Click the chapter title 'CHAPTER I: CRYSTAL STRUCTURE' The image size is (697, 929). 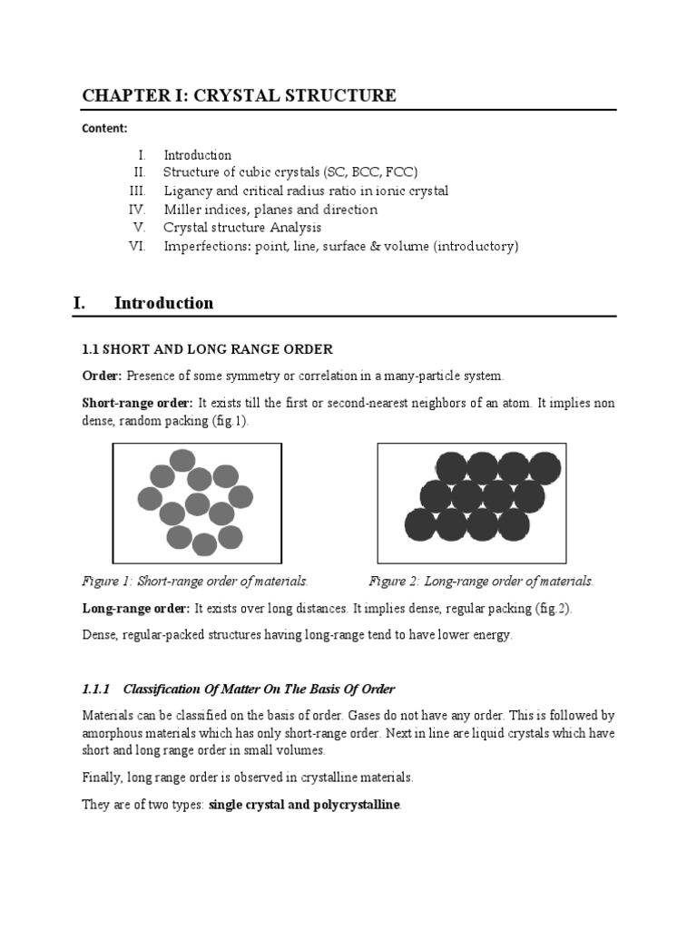tap(239, 95)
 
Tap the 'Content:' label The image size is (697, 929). tap(105, 128)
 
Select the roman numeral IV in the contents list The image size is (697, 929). tap(138, 210)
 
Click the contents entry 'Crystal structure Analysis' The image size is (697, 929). tap(242, 228)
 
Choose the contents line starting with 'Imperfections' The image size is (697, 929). tap(340, 246)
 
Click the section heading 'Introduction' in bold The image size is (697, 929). tap(163, 303)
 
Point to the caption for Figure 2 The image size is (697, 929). tap(481, 581)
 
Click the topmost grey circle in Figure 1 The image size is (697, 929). tap(182, 460)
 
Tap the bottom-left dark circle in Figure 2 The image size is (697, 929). tap(420, 524)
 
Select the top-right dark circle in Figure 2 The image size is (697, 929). tap(545, 468)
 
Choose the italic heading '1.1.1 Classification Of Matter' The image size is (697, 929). tap(239, 689)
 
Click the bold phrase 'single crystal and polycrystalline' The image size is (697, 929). tap(304, 805)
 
